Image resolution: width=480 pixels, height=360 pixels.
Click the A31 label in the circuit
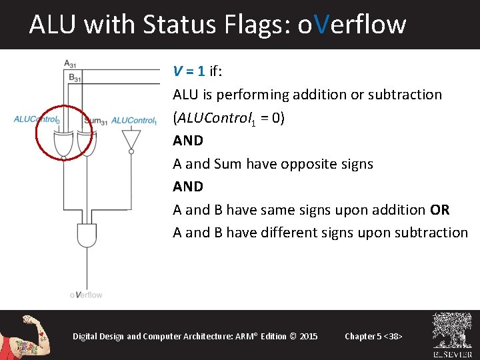(x=69, y=64)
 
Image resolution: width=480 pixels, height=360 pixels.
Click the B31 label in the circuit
(x=75, y=77)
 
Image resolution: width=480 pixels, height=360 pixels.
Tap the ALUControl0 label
(x=37, y=120)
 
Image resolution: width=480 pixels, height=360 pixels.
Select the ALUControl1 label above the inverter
(x=134, y=121)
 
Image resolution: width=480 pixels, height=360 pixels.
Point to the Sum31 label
(x=96, y=121)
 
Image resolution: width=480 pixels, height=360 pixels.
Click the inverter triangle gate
(x=131, y=139)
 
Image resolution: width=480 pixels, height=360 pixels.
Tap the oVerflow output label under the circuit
(x=86, y=294)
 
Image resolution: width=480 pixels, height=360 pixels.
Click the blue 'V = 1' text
(x=189, y=71)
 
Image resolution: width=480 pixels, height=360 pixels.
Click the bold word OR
(x=440, y=210)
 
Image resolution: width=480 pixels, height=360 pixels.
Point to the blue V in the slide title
(x=321, y=25)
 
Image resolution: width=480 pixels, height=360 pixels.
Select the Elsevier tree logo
(x=452, y=331)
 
